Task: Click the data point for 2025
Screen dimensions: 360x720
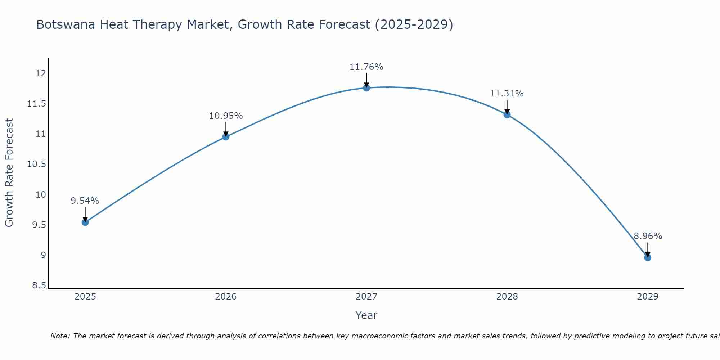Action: [x=85, y=222]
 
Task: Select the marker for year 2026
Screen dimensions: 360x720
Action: [x=226, y=137]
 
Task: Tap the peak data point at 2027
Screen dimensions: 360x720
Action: [x=366, y=88]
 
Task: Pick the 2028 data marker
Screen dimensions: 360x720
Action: [x=507, y=115]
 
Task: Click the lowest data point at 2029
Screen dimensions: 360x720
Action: [x=647, y=257]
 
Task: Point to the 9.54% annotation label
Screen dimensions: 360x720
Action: [x=85, y=201]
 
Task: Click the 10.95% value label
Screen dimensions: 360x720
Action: [x=226, y=116]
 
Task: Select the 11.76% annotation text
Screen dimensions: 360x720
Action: [x=366, y=67]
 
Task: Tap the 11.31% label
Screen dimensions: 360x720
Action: [x=507, y=94]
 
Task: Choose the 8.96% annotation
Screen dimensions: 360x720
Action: [x=648, y=236]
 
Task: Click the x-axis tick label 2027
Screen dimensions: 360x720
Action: [x=366, y=297]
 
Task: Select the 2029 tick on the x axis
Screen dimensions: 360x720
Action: [x=647, y=297]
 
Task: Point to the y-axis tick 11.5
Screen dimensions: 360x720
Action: [x=37, y=104]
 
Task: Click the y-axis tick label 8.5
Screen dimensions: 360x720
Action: [x=39, y=286]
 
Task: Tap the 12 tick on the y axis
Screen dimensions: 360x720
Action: [x=41, y=73]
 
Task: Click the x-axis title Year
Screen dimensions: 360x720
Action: [x=366, y=315]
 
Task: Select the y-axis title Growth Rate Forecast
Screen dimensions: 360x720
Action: [x=9, y=173]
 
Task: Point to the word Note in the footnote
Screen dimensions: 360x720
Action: [x=59, y=336]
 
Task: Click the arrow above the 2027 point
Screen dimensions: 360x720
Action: [x=366, y=79]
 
